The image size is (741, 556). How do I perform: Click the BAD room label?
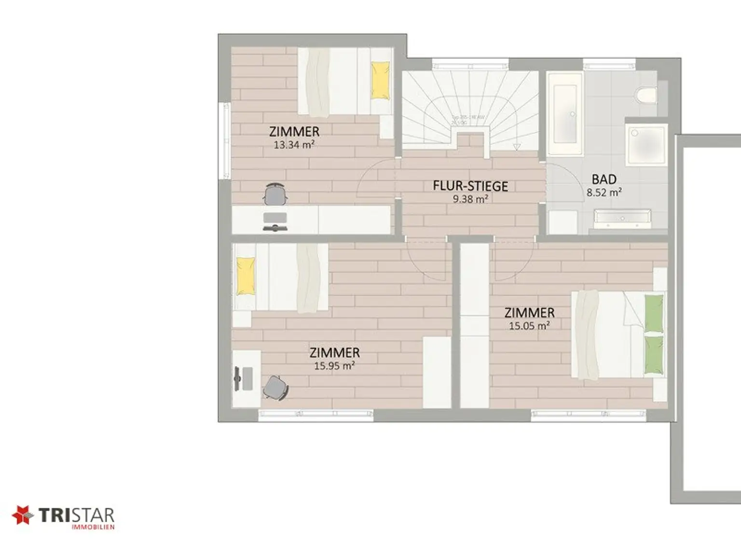click(604, 179)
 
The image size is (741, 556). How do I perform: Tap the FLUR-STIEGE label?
click(470, 186)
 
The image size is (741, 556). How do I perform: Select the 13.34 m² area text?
click(294, 144)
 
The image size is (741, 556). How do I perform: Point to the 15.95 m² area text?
click(334, 366)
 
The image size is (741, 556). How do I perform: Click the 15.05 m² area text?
click(529, 326)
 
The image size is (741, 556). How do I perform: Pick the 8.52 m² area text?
click(604, 192)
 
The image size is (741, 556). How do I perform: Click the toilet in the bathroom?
click(646, 95)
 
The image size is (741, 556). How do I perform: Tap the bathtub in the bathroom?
click(564, 114)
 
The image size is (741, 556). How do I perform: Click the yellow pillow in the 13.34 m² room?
click(380, 81)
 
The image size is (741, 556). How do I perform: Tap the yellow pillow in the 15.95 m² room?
click(246, 276)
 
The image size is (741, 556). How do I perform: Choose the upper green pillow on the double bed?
click(654, 313)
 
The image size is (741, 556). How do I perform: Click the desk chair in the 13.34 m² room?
click(275, 195)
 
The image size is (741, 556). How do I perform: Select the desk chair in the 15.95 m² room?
click(275, 387)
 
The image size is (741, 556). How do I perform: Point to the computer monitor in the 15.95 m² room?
click(237, 378)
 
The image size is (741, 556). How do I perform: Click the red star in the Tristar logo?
click(22, 515)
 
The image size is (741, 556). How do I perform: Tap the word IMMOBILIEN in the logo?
click(93, 527)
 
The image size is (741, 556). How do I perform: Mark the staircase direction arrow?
click(517, 146)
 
